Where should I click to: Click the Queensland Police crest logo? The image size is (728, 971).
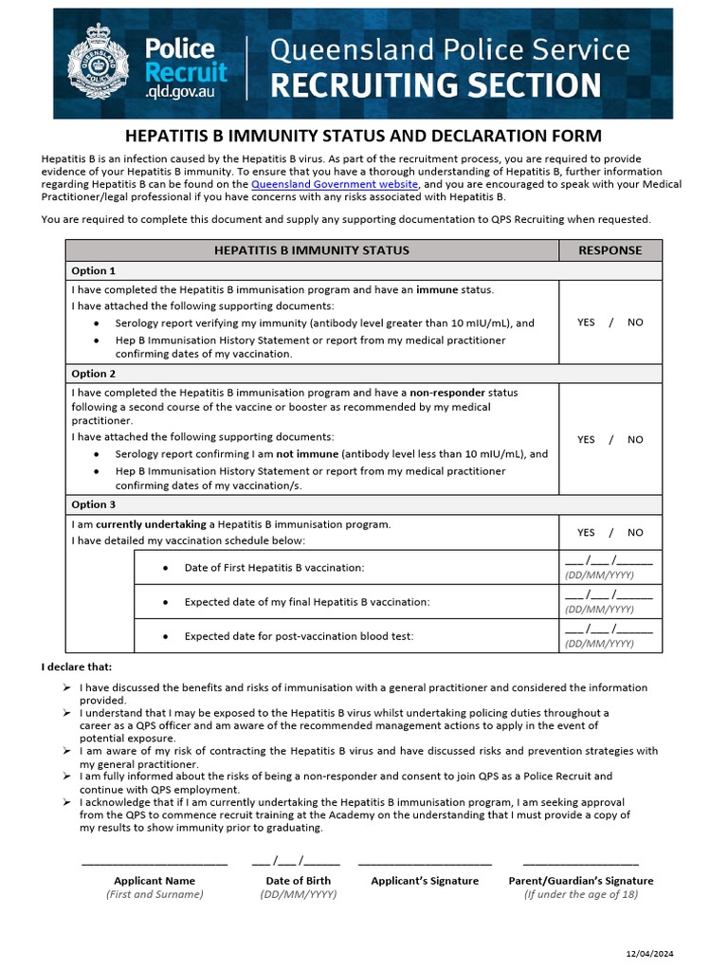99,64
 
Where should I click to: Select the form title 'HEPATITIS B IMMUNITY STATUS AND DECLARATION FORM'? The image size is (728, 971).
364,136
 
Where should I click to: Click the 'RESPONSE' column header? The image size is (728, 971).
610,250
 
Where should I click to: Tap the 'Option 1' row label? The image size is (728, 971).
94,271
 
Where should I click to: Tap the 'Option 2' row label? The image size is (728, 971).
94,374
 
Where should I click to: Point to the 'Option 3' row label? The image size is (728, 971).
94,504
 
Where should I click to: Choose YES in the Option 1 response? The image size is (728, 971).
586,322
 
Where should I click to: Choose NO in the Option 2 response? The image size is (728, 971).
635,439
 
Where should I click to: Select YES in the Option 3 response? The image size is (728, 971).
586,532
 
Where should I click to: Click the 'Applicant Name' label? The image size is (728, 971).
155,881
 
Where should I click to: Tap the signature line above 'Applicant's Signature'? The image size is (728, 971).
425,864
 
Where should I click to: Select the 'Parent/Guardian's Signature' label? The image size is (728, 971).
580,881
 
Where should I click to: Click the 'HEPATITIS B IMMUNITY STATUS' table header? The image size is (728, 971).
312,250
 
